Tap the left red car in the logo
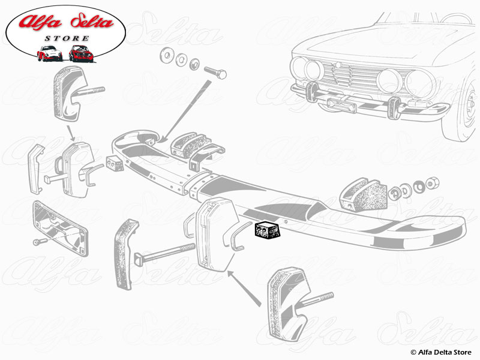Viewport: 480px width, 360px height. pyautogui.click(x=49, y=54)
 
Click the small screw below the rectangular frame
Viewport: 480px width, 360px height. pyautogui.click(x=38, y=241)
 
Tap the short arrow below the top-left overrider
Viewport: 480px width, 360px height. pyautogui.click(x=71, y=132)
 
